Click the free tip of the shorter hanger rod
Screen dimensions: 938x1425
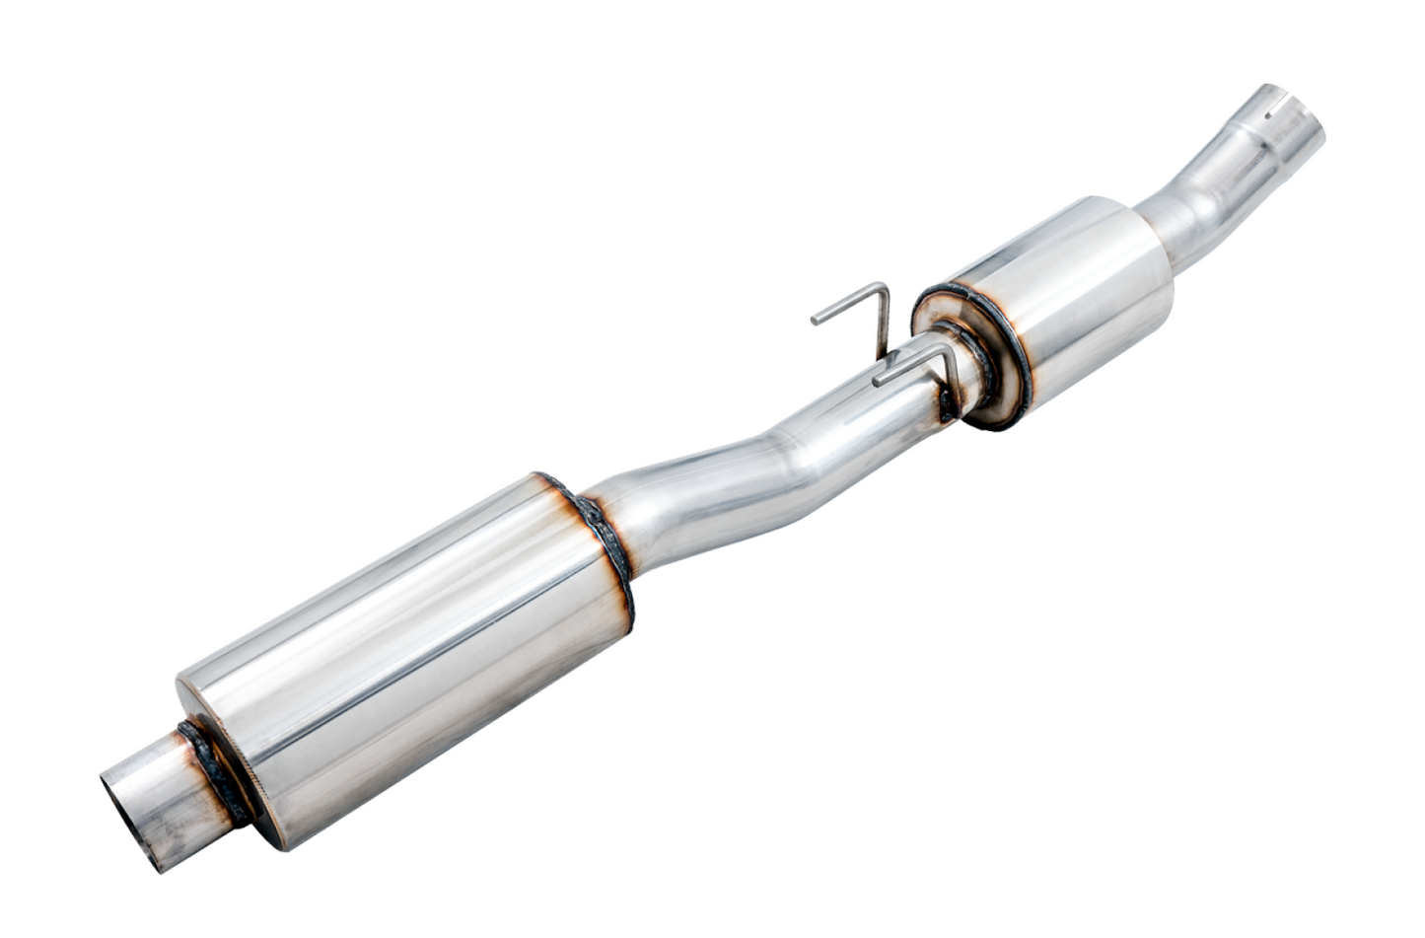[877, 379]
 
